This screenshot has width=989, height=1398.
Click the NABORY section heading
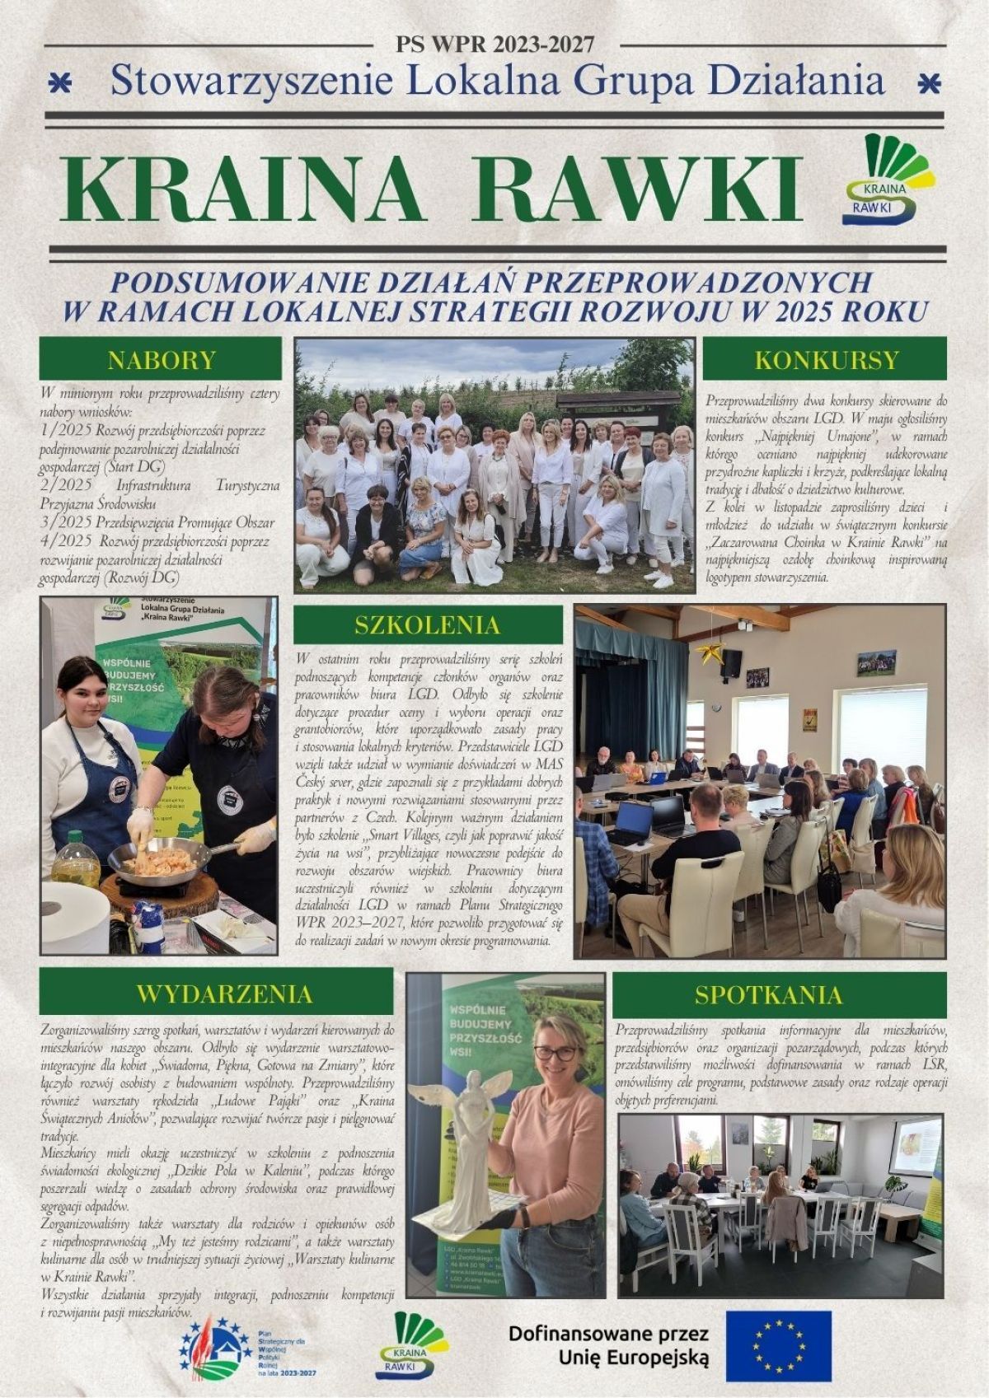point(162,359)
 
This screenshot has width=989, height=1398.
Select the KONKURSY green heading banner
point(826,359)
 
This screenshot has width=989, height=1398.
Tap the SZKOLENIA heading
point(428,624)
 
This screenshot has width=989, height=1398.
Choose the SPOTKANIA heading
point(780,994)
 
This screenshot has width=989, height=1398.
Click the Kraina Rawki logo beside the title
point(879,182)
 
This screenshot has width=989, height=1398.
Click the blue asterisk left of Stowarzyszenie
point(59,82)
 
